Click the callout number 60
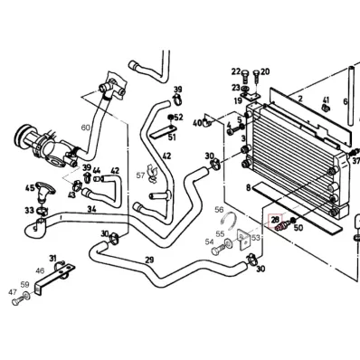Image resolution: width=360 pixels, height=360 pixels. click(86, 128)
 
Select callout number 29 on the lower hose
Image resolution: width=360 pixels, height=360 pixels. click(148, 260)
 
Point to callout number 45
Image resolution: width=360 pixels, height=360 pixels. click(30, 189)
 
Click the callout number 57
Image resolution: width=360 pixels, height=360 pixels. click(141, 174)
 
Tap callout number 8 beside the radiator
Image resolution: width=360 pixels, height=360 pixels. click(247, 187)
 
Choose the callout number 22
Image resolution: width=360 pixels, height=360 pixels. click(236, 71)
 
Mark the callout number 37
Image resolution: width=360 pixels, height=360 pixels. click(355, 160)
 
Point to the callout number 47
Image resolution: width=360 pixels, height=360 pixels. click(13, 292)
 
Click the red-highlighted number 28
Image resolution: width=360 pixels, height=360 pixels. click(275, 220)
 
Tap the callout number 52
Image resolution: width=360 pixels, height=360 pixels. click(178, 117)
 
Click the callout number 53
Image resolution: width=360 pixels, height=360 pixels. click(255, 237)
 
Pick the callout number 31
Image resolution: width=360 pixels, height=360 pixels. click(52, 258)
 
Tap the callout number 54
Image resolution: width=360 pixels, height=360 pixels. click(210, 242)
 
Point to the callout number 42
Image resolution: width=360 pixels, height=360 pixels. click(115, 170)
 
